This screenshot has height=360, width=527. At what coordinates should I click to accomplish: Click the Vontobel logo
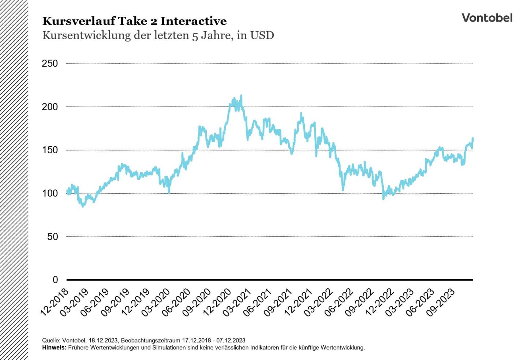(487, 18)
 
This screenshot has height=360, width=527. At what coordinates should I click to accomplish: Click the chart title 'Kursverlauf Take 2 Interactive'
(134, 21)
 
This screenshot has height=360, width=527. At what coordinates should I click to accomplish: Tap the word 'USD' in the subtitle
(262, 35)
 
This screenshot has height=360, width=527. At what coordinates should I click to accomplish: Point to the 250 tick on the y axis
(50, 64)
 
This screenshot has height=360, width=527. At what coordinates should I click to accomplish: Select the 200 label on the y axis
(50, 107)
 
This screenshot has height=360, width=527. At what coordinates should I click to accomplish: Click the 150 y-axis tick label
(50, 150)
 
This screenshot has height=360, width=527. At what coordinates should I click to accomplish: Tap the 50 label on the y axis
(52, 237)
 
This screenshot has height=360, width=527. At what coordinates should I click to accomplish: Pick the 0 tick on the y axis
(55, 280)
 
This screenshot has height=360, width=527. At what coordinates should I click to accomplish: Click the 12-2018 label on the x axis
(55, 302)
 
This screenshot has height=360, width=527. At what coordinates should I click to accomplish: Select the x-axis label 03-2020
(156, 302)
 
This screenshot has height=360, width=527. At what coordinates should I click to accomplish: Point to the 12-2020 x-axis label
(217, 302)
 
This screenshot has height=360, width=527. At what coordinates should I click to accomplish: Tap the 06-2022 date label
(339, 302)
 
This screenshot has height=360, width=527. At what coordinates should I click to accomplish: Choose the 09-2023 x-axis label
(441, 302)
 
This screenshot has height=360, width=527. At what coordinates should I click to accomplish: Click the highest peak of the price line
(241, 96)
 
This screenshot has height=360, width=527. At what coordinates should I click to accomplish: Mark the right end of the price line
(473, 138)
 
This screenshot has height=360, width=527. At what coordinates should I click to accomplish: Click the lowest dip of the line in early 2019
(83, 206)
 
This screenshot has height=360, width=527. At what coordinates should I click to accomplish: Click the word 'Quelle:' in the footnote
(51, 340)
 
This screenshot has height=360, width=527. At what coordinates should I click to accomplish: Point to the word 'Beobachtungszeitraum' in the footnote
(150, 340)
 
